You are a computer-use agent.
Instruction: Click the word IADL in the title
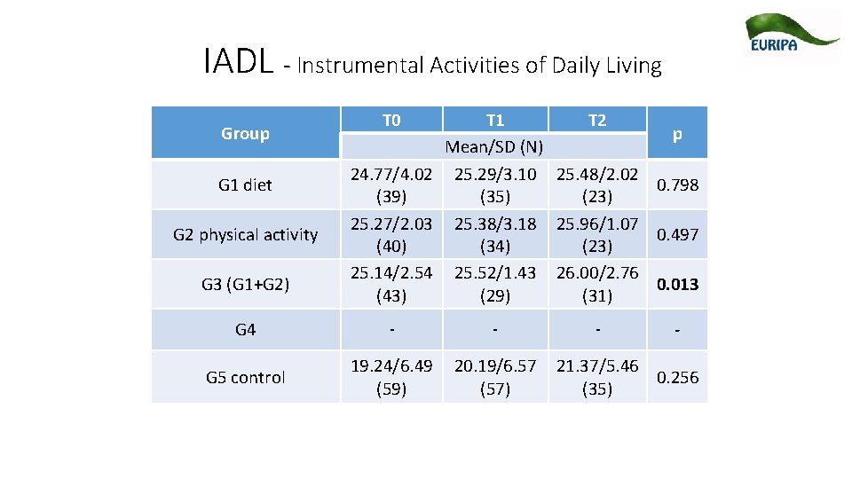238,63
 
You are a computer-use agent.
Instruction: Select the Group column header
245,134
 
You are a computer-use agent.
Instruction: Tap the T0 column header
391,121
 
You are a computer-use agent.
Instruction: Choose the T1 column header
494,121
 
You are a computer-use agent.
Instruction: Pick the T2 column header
597,121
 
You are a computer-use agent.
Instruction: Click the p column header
677,134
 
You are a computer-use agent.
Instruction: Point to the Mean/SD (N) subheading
494,146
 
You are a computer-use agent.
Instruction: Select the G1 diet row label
245,185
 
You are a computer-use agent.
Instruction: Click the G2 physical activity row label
245,234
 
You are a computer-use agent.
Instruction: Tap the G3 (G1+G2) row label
245,284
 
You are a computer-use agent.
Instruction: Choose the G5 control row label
245,377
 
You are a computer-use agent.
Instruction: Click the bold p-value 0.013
677,284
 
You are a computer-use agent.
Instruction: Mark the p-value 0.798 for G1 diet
677,185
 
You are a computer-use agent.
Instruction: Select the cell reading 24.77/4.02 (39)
391,185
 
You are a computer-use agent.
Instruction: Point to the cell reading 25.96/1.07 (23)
597,234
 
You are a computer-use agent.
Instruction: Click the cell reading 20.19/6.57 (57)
494,377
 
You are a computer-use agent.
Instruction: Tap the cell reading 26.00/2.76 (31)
597,284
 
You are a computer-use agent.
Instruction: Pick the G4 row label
245,330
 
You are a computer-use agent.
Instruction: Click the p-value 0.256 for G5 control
677,377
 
